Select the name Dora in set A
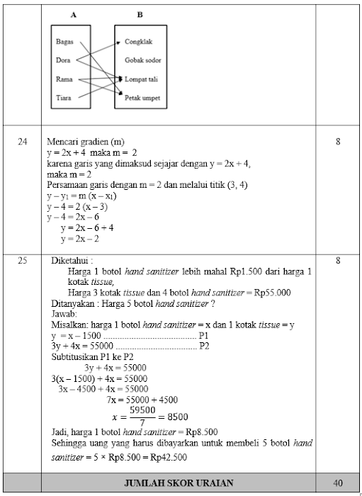(64, 60)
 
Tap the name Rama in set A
(64, 79)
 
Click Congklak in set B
(138, 42)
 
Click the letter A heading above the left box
(74, 14)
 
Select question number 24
(22, 142)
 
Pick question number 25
(22, 261)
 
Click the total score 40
(337, 483)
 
